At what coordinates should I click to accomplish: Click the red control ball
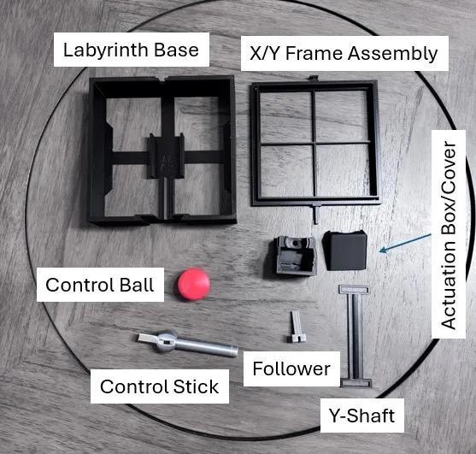[194, 284]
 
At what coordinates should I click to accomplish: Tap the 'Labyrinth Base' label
[131, 50]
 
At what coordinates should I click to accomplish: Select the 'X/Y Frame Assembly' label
[344, 54]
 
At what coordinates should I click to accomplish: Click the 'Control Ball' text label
[100, 285]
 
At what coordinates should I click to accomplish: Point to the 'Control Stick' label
[159, 386]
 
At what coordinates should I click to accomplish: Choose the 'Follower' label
[291, 369]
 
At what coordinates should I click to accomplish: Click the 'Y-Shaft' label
[362, 416]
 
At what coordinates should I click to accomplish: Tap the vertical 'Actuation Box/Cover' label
[449, 234]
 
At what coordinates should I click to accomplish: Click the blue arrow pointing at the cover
[405, 243]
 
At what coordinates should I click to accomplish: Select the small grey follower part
[296, 327]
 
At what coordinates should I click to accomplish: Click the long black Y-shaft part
[356, 336]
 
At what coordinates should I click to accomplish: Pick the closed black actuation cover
[345, 251]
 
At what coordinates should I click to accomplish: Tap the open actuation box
[295, 255]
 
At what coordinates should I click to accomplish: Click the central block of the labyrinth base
[167, 156]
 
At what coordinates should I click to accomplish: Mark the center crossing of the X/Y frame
[314, 144]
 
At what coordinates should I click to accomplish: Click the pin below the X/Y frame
[315, 214]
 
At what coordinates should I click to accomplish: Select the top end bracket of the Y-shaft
[354, 290]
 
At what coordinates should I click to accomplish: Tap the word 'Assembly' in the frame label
[392, 54]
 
